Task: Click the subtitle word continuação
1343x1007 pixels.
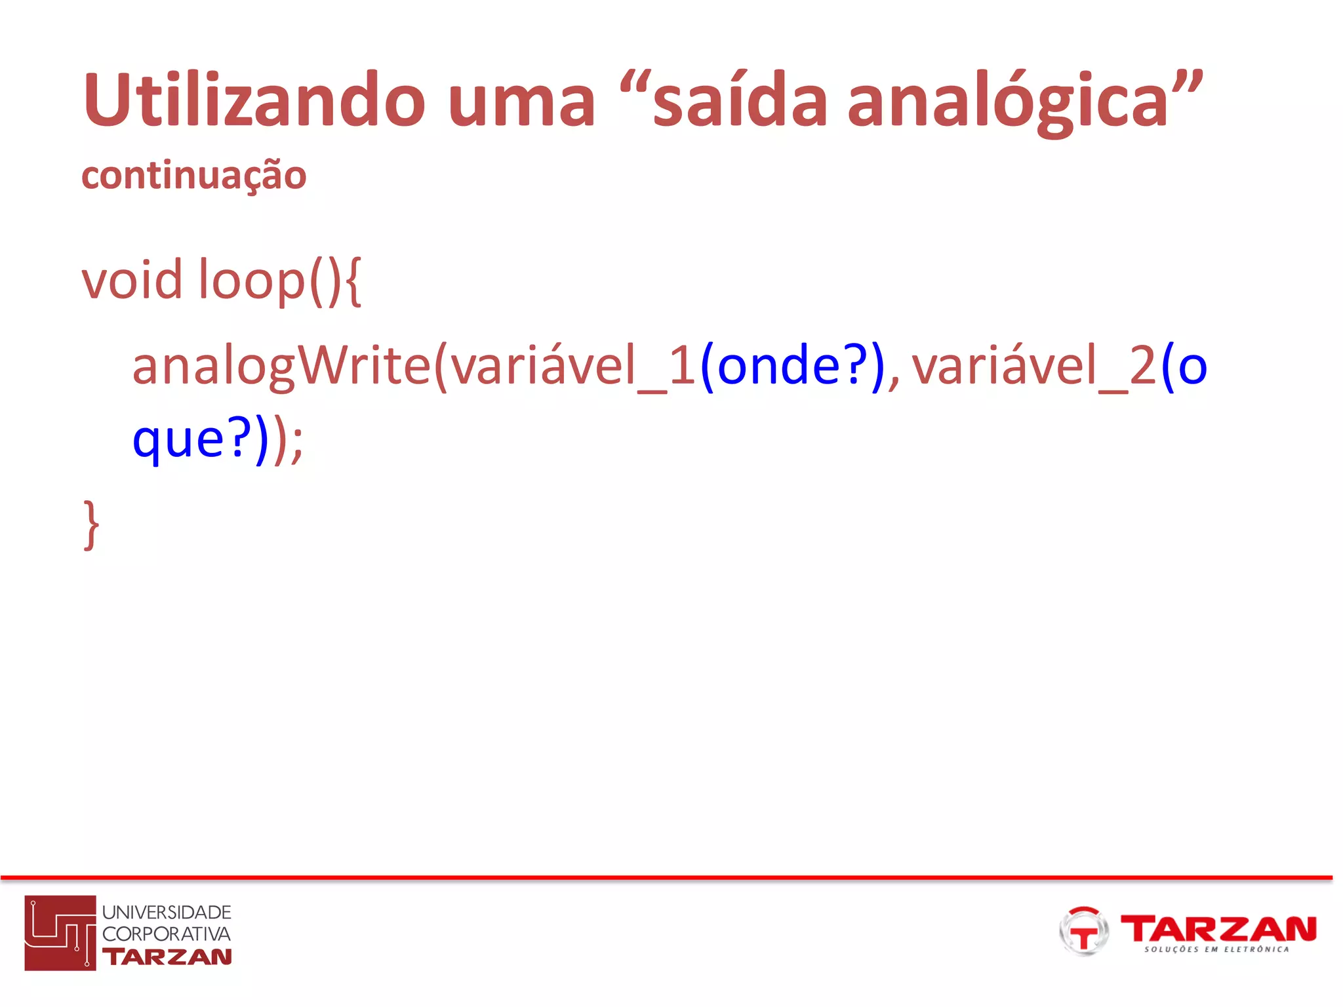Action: click(194, 176)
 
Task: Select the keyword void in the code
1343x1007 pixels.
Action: click(132, 280)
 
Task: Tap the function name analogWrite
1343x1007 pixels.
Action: click(281, 367)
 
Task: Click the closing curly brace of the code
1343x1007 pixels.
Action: click(91, 524)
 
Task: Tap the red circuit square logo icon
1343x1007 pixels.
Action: click(60, 932)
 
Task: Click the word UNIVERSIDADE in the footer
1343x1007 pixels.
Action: click(167, 912)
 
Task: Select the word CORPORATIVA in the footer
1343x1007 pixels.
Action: click(167, 934)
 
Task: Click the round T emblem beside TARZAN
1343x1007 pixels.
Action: click(1083, 931)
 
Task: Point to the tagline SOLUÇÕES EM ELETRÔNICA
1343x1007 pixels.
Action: click(1216, 949)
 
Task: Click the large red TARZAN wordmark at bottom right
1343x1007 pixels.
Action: click(1218, 928)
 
